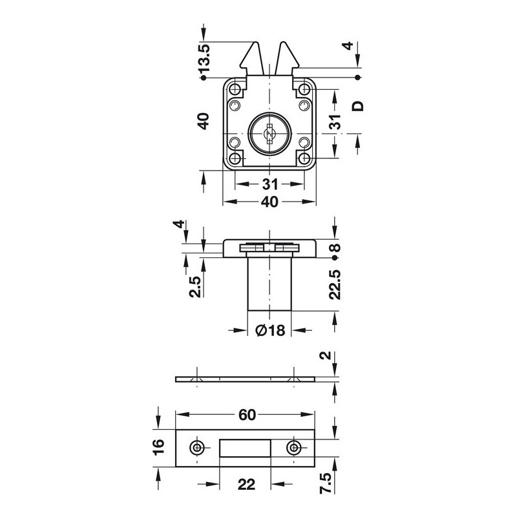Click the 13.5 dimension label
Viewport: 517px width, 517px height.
[x=204, y=58]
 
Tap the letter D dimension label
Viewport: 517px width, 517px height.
[x=358, y=106]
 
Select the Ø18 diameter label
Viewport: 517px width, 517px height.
[x=270, y=330]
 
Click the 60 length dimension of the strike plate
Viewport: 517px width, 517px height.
[x=247, y=415]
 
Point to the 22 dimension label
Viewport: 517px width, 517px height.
[x=246, y=484]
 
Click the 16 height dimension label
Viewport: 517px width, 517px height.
[x=158, y=447]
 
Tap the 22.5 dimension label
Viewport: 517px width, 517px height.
[x=335, y=284]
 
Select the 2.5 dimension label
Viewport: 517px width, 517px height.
[x=195, y=287]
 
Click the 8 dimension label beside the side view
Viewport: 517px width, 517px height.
[x=335, y=248]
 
